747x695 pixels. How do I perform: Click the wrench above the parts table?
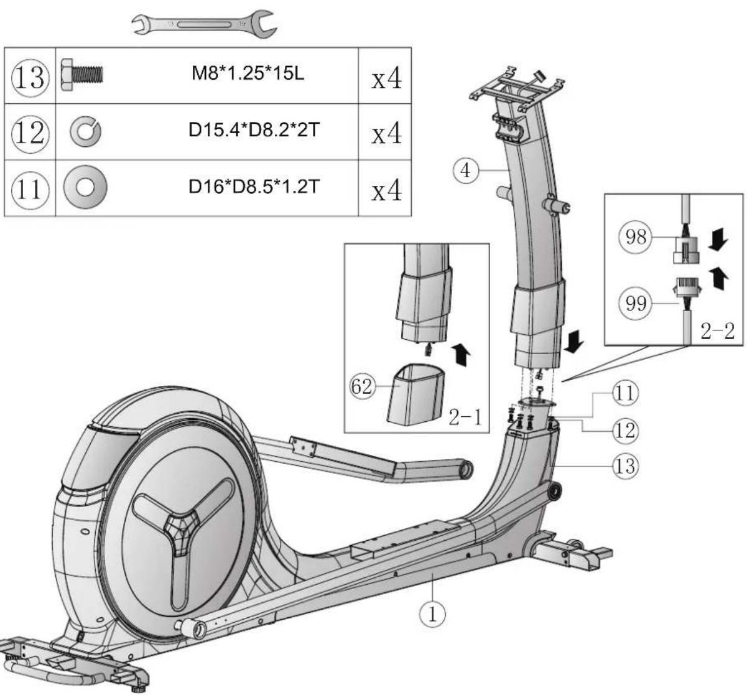204,25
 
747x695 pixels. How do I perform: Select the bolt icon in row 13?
81,75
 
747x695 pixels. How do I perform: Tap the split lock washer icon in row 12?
86,131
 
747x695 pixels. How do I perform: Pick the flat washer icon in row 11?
85,187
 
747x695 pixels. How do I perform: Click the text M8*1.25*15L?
248,73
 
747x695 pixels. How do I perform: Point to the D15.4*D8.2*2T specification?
254,130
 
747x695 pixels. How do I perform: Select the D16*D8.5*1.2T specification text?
254,187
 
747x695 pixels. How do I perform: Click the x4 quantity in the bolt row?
386,78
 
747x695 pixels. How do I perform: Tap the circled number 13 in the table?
30,78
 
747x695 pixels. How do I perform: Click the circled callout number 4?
466,171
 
